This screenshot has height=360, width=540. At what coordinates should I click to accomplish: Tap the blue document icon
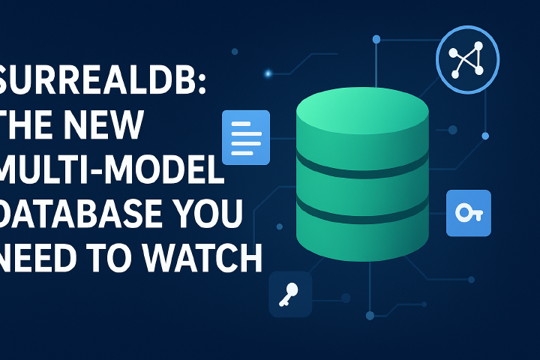tap(246, 137)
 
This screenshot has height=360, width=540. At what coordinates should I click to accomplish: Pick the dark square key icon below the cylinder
tap(289, 292)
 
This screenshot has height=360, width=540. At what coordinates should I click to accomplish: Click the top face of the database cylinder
tap(362, 109)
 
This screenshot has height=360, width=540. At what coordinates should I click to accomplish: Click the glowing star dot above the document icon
tap(267, 73)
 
